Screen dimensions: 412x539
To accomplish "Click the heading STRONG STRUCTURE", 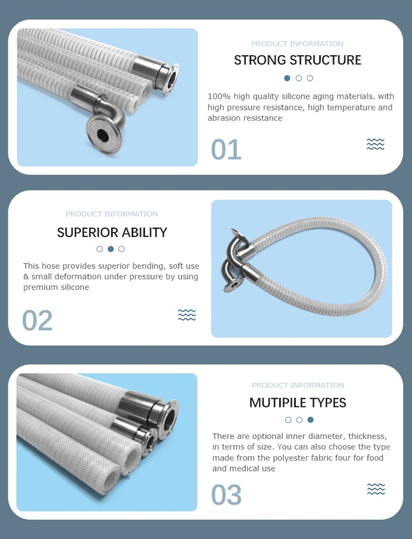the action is point(297,60).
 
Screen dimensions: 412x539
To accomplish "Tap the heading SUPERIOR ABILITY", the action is point(112,232).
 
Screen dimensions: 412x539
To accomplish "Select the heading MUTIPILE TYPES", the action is point(298,403).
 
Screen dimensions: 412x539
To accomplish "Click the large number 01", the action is point(226,149).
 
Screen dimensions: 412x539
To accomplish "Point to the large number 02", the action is point(37,320).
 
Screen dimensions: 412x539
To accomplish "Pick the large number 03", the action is point(226,494).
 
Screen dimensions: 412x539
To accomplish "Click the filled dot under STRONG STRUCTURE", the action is point(287,78).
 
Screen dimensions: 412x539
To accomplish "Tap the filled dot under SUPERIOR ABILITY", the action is point(111,249).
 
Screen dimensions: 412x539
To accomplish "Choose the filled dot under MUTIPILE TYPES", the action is point(311,420).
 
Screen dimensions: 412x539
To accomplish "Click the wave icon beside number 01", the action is point(376,144).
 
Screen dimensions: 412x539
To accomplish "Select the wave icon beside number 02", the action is point(187,315).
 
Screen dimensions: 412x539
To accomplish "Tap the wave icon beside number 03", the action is point(376,489).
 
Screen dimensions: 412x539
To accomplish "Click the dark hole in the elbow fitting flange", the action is point(103,135).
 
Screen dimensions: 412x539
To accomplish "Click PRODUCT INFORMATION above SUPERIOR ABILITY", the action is point(112,214).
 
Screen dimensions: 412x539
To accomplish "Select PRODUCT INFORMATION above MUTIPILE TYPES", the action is point(298,385).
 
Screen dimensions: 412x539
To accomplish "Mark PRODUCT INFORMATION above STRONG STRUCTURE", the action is point(297,44).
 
